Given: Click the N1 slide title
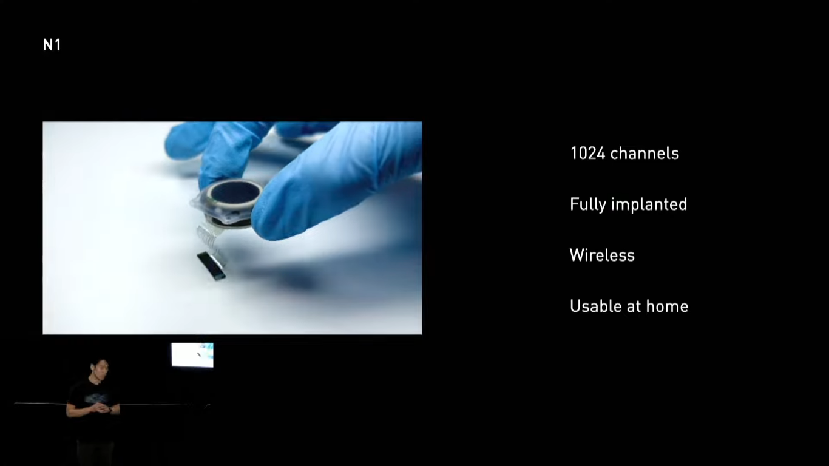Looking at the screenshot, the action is pos(52,45).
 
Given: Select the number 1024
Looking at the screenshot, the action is pos(587,154).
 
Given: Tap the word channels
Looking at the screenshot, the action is pos(645,154).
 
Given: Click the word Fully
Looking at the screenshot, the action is pos(588,204).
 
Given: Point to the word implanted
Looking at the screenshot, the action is pos(649,204).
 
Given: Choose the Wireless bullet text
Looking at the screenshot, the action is pos(602,255).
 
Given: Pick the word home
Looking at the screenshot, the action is pos(667,306).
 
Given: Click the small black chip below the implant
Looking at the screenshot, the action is pos(211,266).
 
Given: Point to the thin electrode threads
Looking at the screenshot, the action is pos(209,241).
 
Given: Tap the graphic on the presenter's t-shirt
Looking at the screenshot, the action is pos(96,398).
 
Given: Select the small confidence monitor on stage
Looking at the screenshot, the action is pos(192,355).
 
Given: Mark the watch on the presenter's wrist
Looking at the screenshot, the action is pos(110,410).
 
